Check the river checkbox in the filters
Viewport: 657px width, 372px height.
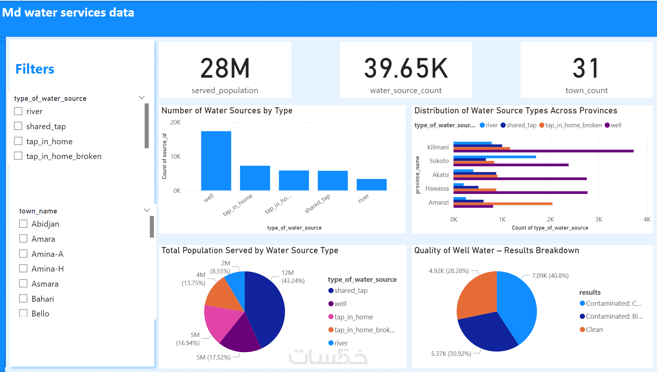pos(18,111)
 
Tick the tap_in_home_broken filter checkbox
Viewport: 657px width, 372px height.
pos(18,156)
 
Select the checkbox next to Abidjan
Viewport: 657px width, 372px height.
pos(23,224)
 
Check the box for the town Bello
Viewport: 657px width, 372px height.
pos(23,313)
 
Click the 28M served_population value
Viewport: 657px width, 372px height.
pos(225,68)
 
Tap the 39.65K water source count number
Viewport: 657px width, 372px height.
pos(406,68)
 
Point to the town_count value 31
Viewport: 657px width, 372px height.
pos(586,68)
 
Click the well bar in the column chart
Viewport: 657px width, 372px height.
pos(216,160)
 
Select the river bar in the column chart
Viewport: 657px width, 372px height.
pos(371,184)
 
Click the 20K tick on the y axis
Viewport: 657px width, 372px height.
pos(175,122)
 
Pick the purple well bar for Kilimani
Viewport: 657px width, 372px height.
pos(543,151)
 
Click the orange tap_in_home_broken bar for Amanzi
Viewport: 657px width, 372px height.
pos(503,203)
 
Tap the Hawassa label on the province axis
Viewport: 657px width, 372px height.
pos(437,188)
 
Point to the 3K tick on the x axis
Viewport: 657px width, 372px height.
pos(599,219)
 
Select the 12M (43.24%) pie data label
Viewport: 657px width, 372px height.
pos(293,277)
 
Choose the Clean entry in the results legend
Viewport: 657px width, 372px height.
pos(594,329)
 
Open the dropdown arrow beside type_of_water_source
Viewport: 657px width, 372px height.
pos(142,98)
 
